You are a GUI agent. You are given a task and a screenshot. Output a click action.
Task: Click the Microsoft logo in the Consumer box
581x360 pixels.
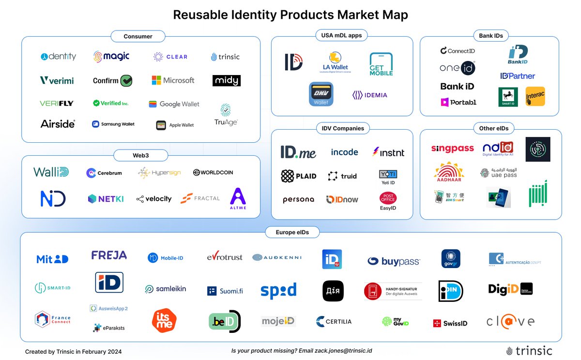click(x=173, y=80)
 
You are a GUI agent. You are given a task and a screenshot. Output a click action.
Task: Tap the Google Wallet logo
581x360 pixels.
click(x=174, y=104)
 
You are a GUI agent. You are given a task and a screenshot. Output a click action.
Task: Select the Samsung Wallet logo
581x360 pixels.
click(x=113, y=124)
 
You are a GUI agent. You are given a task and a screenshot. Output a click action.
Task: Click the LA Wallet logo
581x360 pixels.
click(x=336, y=63)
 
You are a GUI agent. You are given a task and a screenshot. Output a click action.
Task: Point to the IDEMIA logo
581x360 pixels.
click(x=370, y=95)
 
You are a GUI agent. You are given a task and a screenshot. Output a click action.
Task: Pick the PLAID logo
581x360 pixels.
click(x=299, y=176)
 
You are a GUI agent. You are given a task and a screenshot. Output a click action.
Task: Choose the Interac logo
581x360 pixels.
click(x=535, y=97)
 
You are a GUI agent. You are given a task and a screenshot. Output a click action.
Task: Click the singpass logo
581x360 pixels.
click(x=452, y=149)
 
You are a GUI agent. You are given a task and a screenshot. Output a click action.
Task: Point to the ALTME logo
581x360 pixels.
click(x=238, y=198)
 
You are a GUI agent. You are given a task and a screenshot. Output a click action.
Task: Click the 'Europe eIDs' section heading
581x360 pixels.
click(x=292, y=232)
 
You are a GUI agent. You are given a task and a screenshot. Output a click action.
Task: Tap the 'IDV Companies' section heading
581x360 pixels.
click(x=343, y=128)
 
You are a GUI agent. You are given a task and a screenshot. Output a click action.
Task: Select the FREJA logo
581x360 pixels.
click(x=109, y=255)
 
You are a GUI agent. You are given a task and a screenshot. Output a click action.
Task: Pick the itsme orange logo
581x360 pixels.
click(x=164, y=320)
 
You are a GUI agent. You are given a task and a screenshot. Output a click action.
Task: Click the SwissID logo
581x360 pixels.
click(x=450, y=323)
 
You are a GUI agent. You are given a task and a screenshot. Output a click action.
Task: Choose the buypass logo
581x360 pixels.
click(x=394, y=262)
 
